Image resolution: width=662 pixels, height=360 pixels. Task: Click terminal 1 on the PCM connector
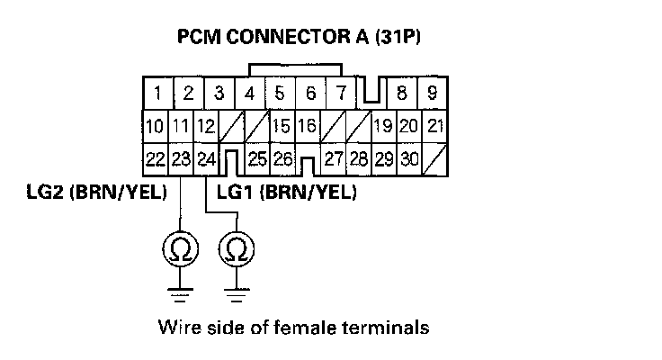(157, 92)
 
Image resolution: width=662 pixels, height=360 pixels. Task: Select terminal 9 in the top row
(433, 92)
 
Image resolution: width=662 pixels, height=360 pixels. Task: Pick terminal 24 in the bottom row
(206, 159)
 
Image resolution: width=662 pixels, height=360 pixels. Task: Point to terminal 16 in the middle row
(308, 126)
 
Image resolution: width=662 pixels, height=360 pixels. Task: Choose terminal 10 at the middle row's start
(155, 126)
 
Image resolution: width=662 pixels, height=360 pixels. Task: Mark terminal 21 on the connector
(435, 126)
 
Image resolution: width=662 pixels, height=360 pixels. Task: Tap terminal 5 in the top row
(280, 92)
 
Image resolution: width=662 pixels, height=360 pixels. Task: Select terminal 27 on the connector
(334, 159)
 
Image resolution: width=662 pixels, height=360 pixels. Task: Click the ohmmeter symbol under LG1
(237, 247)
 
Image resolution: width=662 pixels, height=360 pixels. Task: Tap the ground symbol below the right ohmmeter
(237, 290)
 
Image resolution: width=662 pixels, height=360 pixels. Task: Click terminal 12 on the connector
(206, 126)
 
